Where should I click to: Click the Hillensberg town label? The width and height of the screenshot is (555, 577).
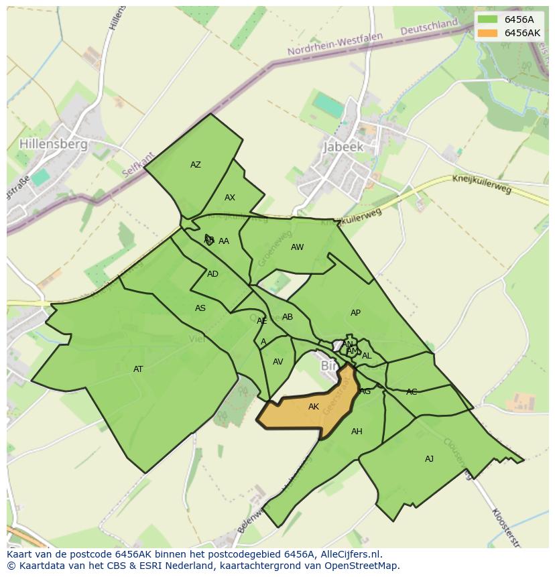click(54, 144)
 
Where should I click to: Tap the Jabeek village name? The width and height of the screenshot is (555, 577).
click(343, 147)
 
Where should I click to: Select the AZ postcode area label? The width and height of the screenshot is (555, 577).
click(196, 165)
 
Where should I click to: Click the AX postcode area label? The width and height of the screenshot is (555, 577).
click(230, 198)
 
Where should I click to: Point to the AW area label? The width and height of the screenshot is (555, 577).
click(297, 247)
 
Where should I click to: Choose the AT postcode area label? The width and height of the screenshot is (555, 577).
click(138, 369)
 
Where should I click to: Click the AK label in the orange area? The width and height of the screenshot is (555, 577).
click(314, 407)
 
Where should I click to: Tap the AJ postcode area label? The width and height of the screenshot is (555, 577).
click(429, 459)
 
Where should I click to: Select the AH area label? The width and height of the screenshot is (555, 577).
click(357, 432)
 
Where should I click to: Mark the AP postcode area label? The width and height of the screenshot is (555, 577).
click(355, 313)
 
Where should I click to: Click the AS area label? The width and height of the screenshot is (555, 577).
click(200, 308)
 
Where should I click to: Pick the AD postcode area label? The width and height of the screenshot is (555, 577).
click(212, 274)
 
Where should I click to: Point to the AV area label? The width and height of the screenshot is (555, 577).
click(278, 362)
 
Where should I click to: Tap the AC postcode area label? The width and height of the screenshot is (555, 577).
click(412, 392)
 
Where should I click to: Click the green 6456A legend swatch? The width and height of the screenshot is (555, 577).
click(488, 19)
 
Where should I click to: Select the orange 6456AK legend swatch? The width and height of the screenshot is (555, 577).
click(488, 33)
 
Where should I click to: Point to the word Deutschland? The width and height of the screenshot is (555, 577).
click(429, 27)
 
